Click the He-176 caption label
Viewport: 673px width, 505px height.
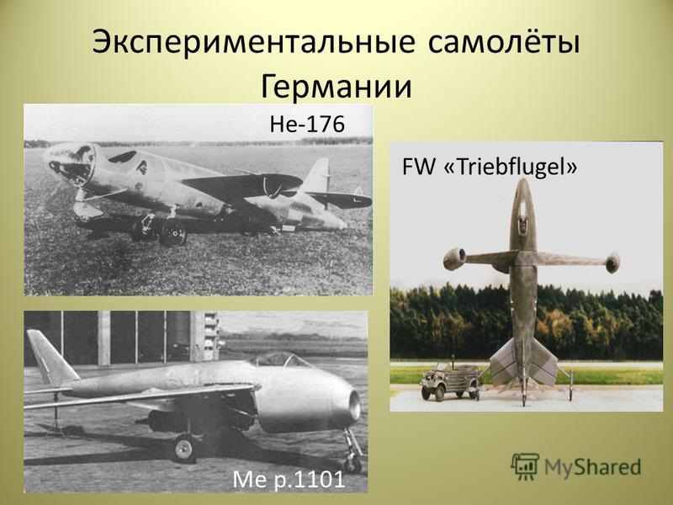click(x=307, y=124)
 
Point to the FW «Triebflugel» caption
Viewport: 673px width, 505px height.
click(x=490, y=167)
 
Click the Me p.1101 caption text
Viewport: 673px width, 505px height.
click(x=289, y=479)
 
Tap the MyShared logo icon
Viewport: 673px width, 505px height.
click(x=525, y=466)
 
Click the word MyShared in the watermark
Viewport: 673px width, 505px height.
click(x=593, y=467)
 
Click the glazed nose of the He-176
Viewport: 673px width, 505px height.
click(x=71, y=162)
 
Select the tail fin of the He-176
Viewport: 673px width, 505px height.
click(x=318, y=176)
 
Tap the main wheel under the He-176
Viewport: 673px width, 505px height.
click(x=172, y=234)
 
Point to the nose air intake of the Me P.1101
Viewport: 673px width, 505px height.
click(x=354, y=406)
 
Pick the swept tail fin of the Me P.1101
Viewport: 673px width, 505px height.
click(x=50, y=357)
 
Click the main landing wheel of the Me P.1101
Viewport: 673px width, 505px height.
click(x=184, y=448)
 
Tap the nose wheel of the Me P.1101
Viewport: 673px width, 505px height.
click(x=352, y=464)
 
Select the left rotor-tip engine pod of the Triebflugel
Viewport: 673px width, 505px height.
click(x=454, y=258)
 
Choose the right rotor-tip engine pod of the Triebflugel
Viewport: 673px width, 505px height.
click(x=613, y=263)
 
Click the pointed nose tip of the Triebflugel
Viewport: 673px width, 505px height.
click(x=522, y=179)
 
